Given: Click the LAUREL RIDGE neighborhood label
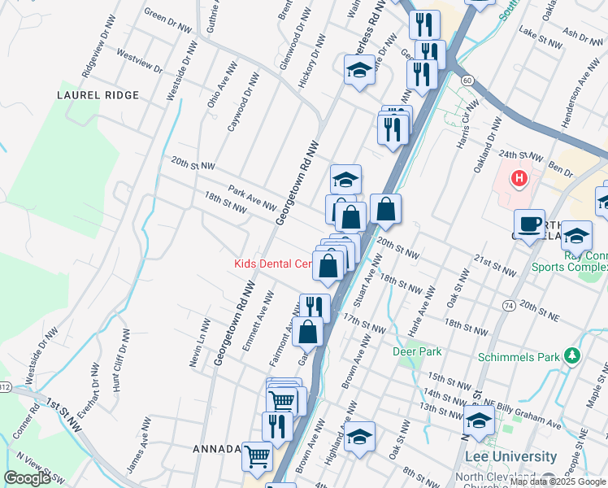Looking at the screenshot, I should point(87,95).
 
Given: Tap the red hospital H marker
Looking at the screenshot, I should point(518,176).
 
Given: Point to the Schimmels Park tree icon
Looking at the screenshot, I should point(573,356).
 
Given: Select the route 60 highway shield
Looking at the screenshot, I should point(467,81).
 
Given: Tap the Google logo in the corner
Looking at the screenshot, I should point(27,478).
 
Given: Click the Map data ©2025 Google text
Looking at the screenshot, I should point(558,481).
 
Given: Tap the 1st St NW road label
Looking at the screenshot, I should point(64,404).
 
